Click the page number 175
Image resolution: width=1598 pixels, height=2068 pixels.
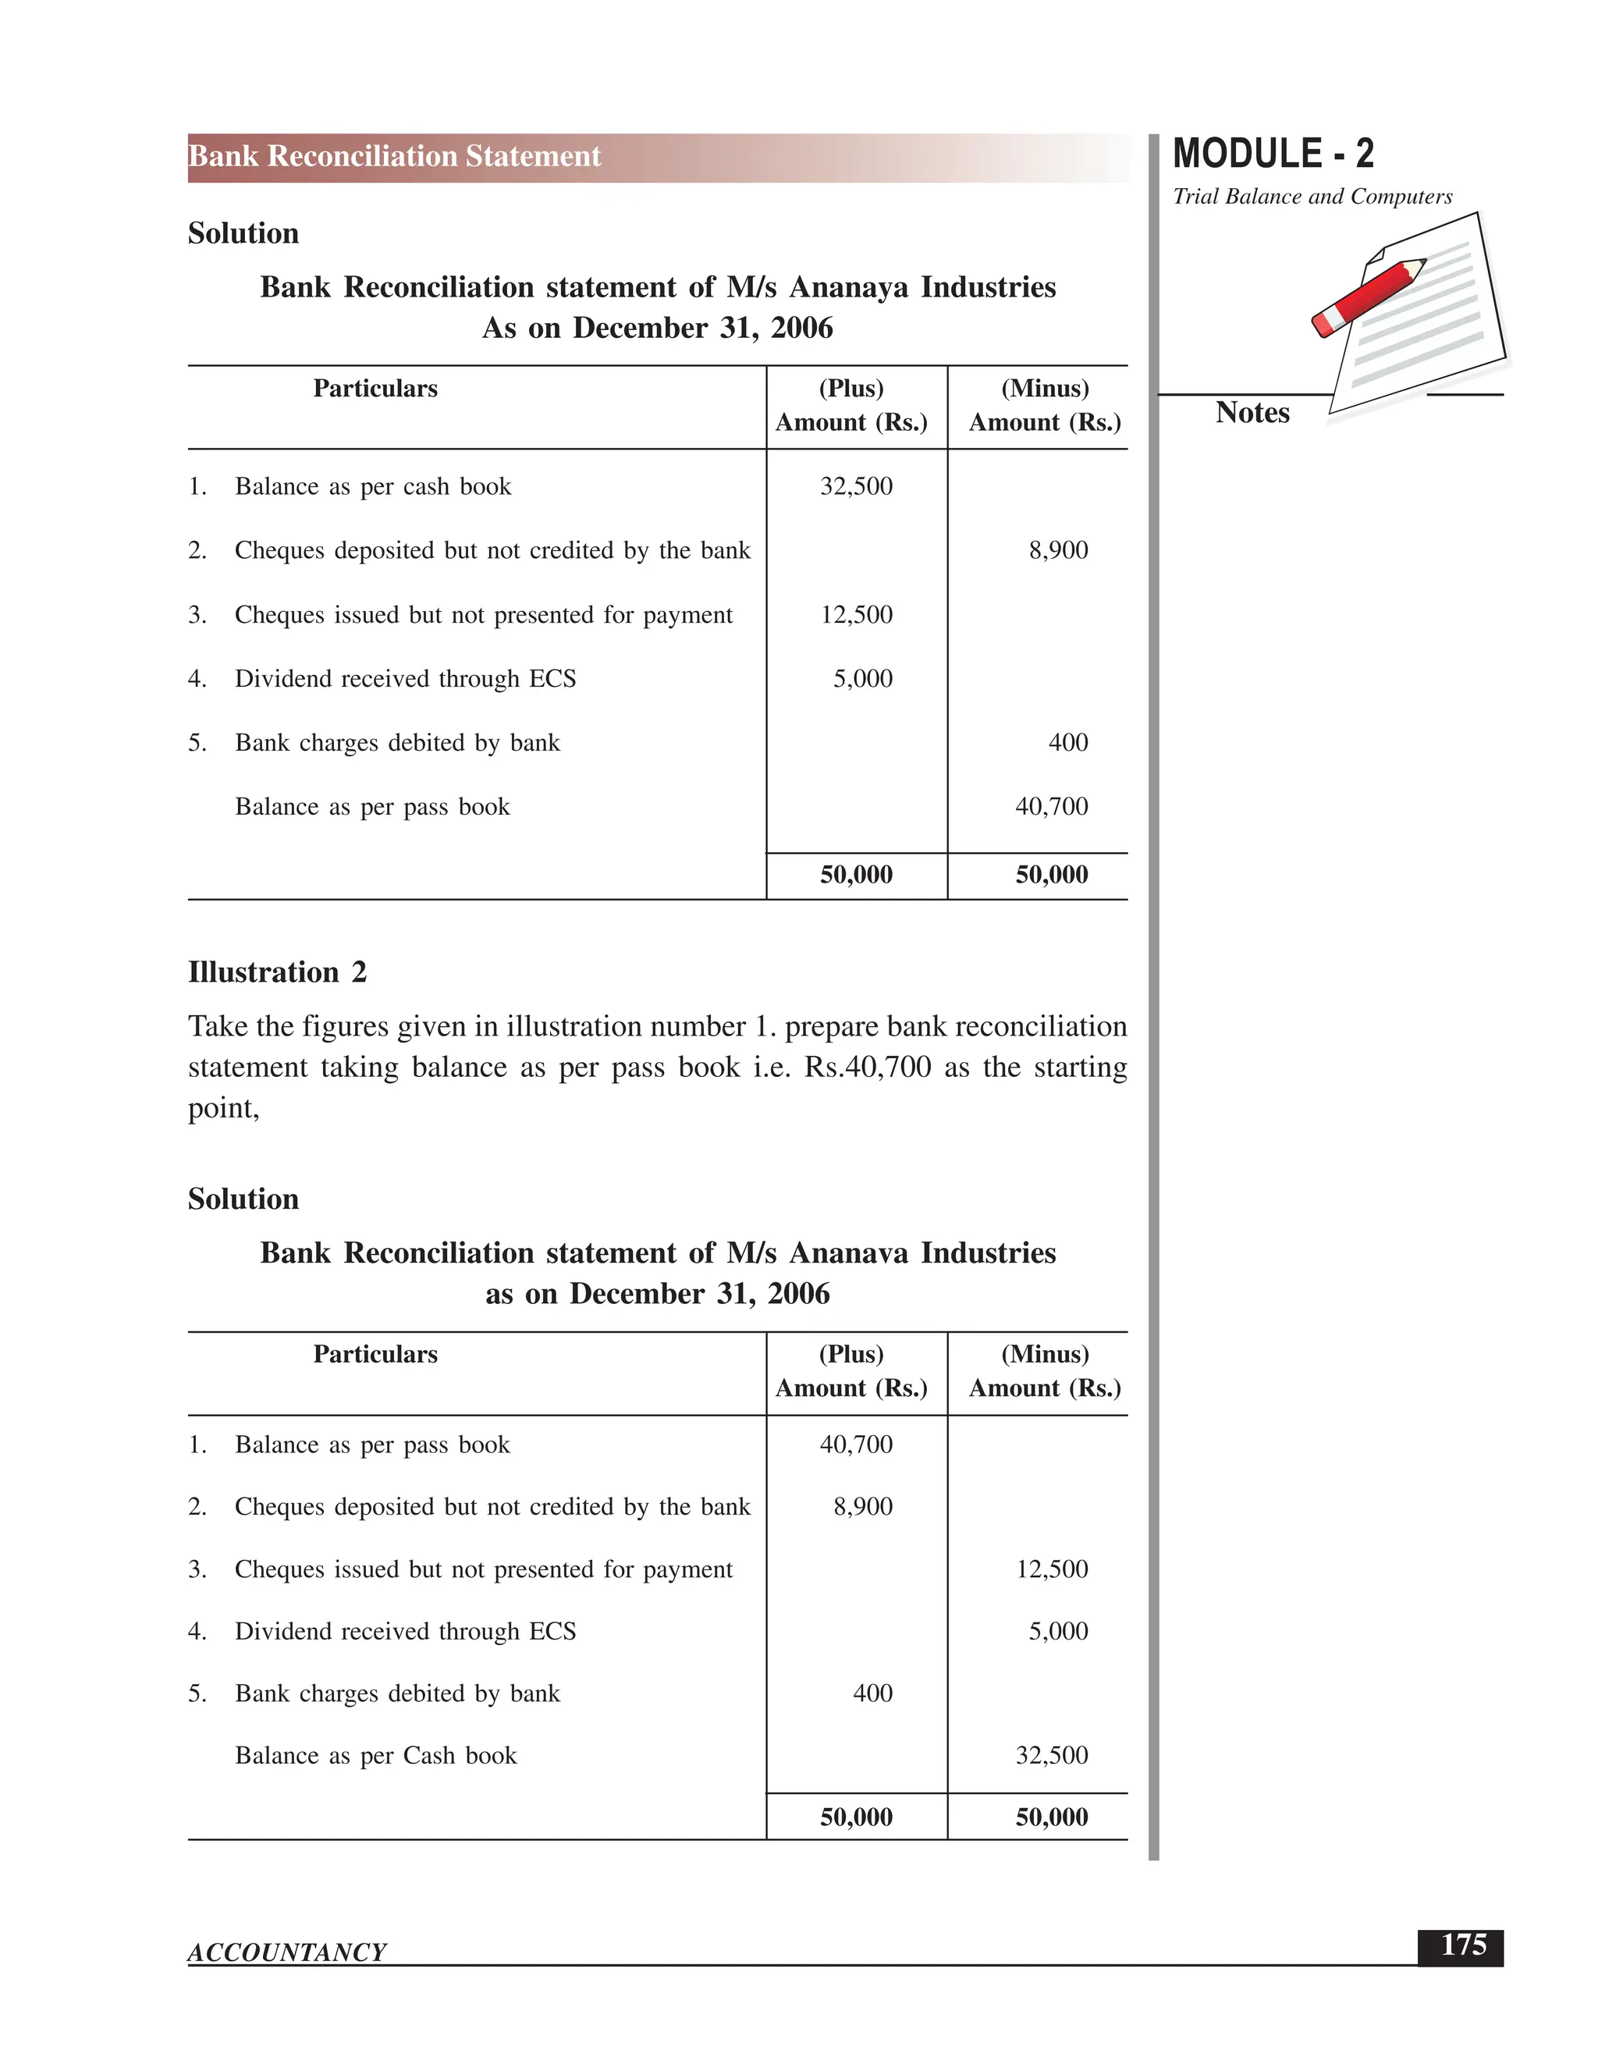coord(1463,1945)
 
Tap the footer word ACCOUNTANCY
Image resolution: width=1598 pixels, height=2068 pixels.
coord(287,1952)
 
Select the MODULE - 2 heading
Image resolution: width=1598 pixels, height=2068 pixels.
coord(1273,154)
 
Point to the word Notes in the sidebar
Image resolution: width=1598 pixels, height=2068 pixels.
coord(1252,413)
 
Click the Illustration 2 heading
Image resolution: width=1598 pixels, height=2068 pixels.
coord(277,972)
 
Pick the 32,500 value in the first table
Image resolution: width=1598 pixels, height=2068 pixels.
coord(856,487)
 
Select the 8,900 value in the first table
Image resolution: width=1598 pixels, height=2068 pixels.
coord(1058,550)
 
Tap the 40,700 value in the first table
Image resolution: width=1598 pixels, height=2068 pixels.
coord(1051,807)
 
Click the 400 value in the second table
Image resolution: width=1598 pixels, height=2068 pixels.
coord(872,1693)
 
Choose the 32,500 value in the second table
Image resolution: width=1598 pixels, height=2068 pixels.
coord(1051,1756)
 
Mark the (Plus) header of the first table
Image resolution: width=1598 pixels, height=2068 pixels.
coord(851,388)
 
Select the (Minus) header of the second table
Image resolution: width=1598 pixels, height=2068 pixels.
coord(1044,1354)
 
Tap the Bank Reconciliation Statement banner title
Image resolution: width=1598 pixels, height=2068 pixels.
coord(395,156)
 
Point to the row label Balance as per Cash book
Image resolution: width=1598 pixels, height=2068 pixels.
coord(376,1756)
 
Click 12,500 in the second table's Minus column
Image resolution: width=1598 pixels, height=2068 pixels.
coord(1051,1569)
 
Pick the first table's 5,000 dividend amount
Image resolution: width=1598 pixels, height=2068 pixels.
coord(862,679)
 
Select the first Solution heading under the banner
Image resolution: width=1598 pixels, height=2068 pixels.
coord(243,234)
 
